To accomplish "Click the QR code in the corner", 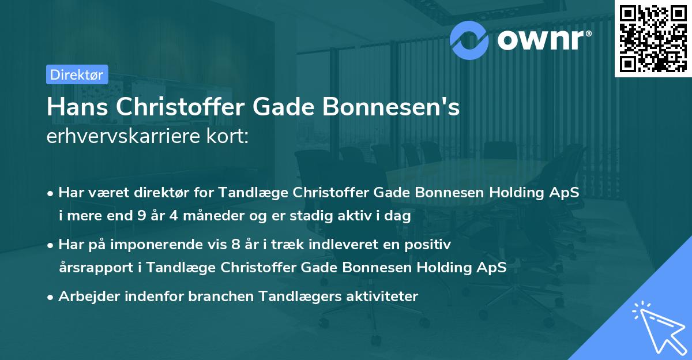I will pos(653,39).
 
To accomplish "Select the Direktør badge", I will pos(77,74).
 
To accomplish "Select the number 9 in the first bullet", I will pos(141,216).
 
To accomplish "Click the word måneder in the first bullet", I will pos(209,216).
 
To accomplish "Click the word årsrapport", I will pos(89,268).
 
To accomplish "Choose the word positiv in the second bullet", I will pos(430,245).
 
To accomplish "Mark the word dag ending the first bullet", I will pos(399,216).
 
